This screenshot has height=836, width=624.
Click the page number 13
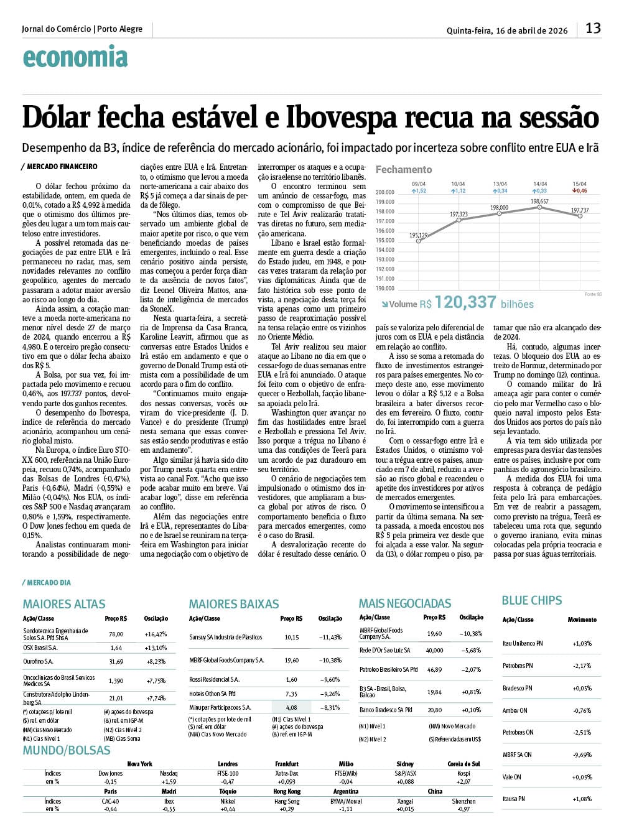point(593,28)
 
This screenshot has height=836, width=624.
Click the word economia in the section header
point(75,58)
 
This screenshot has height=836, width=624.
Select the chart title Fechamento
point(403,169)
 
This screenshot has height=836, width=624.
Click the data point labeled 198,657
point(540,207)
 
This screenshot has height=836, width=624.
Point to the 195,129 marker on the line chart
point(419,241)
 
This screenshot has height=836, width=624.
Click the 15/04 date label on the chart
point(580,184)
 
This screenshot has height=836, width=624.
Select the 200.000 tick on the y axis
point(385,193)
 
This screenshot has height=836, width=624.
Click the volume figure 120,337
point(465,302)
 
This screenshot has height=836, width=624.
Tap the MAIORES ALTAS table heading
point(64,604)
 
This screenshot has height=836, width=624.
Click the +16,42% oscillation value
point(156,634)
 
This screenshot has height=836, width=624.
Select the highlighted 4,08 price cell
point(291,707)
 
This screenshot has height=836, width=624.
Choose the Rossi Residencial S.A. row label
point(214,679)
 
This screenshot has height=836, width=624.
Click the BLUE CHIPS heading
point(531,600)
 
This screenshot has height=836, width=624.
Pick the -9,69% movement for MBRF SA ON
point(582,755)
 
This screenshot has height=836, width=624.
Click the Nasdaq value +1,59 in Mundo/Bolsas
point(169,781)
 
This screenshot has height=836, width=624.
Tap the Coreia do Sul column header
point(463,764)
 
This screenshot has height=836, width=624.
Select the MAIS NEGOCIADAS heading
point(404,603)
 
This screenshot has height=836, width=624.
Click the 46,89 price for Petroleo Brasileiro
point(434,670)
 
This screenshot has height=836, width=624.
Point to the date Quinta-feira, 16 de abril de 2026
point(507,30)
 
